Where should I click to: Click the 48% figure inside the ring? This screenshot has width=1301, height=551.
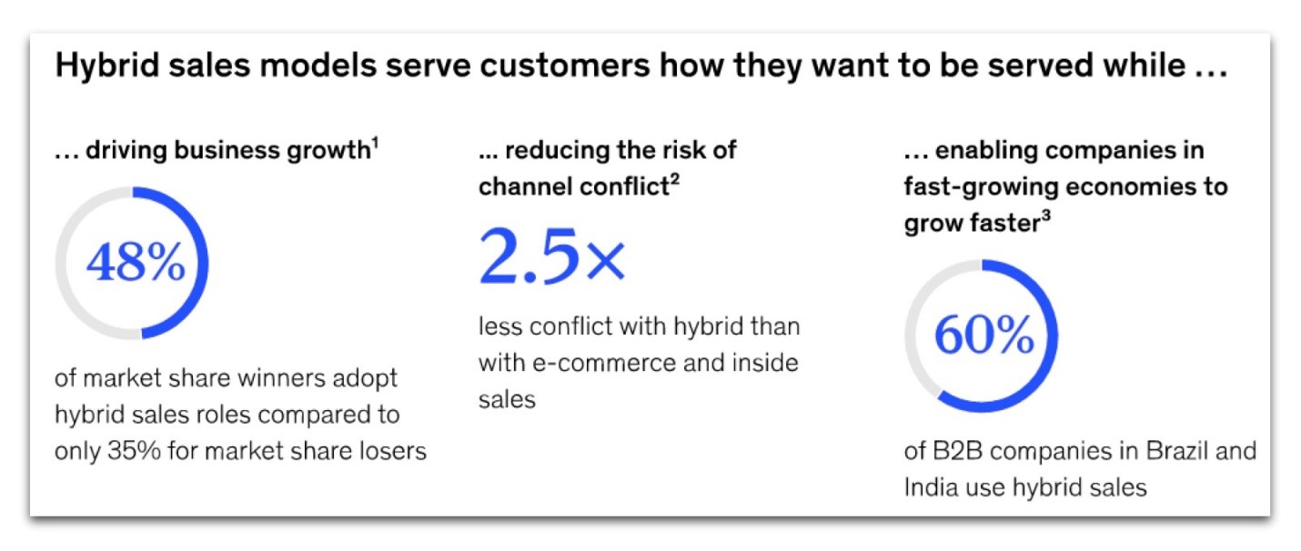[136, 262]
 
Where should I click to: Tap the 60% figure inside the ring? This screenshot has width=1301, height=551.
[984, 335]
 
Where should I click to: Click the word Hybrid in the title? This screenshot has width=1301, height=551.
[106, 65]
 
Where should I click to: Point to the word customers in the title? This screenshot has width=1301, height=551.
[565, 65]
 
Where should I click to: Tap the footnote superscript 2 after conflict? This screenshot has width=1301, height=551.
[675, 180]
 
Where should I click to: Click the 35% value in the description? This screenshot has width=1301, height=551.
[134, 451]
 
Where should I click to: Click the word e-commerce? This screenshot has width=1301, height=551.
[603, 363]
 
